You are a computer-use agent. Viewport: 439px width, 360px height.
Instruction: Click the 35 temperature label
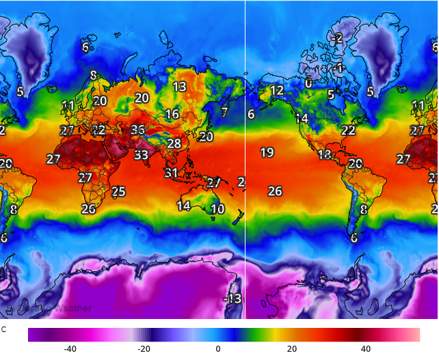(x=138, y=130)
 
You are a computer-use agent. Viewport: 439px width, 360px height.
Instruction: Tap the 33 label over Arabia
(x=141, y=155)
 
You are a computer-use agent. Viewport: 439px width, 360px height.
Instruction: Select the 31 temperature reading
(x=171, y=173)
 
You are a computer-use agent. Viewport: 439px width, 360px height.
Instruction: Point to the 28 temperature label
(x=174, y=143)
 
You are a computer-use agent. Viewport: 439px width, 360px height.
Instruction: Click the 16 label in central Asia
(x=172, y=114)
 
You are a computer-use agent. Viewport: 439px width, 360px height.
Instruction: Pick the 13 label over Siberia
(x=179, y=87)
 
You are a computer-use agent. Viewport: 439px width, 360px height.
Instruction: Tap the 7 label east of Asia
(x=224, y=112)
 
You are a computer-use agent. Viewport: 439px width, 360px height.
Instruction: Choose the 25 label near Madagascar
(x=119, y=192)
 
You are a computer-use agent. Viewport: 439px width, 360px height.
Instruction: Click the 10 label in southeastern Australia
(x=217, y=209)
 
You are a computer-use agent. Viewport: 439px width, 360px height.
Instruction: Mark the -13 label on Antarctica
(x=232, y=299)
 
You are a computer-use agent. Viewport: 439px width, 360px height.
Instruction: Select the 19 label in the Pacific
(x=267, y=152)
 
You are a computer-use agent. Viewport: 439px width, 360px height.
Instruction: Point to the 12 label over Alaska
(x=276, y=90)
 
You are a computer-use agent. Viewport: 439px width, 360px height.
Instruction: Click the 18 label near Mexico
(x=324, y=155)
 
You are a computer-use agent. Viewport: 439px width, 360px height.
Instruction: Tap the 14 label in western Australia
(x=183, y=206)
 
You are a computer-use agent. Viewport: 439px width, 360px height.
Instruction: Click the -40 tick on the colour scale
(x=70, y=348)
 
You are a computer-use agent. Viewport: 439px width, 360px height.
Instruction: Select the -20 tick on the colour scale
(x=144, y=348)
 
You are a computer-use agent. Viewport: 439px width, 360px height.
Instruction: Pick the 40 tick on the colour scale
(x=366, y=348)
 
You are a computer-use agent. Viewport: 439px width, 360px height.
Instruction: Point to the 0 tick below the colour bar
(x=218, y=348)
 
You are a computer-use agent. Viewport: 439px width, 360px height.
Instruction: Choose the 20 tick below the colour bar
(x=292, y=348)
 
